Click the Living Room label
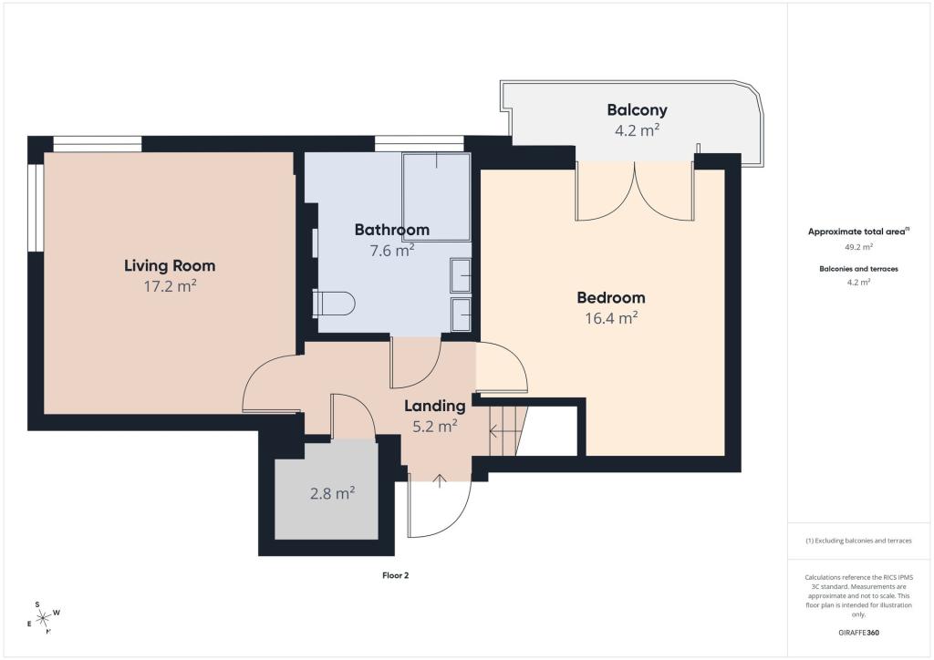[x=170, y=265]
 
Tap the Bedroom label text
[x=611, y=297]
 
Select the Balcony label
[x=637, y=110]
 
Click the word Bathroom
[x=392, y=229]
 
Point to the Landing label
[x=435, y=406]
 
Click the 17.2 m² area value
[x=170, y=286]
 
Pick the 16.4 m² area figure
[x=611, y=318]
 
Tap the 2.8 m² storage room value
[x=332, y=493]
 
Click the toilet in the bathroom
[x=334, y=303]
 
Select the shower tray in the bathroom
[x=437, y=197]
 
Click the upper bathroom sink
[x=461, y=275]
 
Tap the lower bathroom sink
[x=461, y=315]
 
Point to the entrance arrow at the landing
[x=440, y=480]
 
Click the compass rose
[x=44, y=618]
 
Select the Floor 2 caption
[x=396, y=575]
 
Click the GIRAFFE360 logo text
[x=858, y=633]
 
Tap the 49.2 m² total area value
[x=858, y=246]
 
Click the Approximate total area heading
[x=858, y=232]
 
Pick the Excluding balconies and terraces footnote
[x=858, y=541]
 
